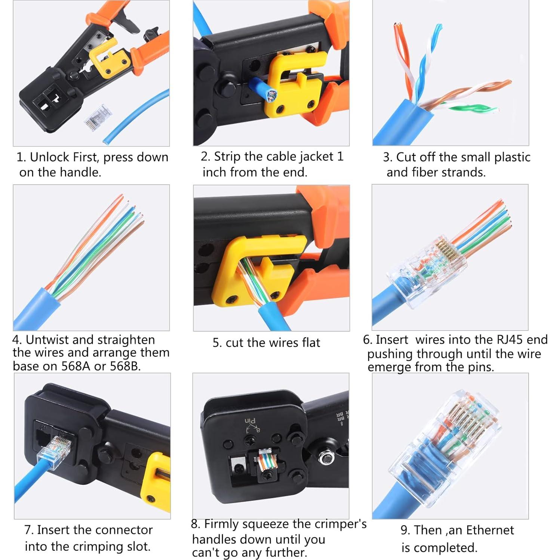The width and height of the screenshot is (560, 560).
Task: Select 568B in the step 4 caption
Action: (125, 366)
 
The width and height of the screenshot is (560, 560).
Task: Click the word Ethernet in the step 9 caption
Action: (490, 530)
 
